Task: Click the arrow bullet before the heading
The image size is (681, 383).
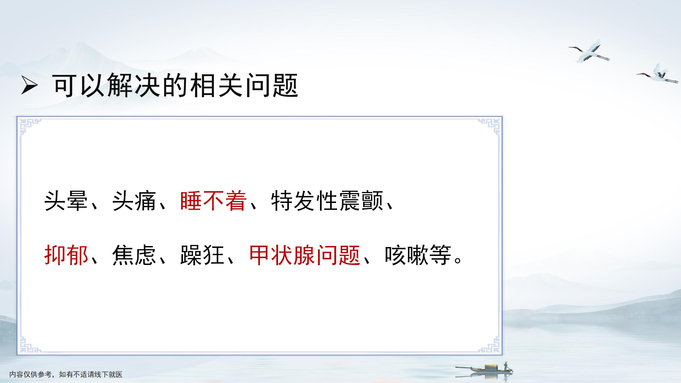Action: (29, 85)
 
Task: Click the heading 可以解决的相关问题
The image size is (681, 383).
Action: (176, 85)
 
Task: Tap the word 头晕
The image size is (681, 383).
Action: (66, 201)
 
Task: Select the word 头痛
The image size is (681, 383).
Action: (134, 201)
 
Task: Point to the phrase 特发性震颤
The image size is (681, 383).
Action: (327, 201)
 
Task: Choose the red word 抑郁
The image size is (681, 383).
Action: (66, 255)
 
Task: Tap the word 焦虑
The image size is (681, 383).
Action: (134, 255)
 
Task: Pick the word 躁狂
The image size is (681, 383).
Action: (202, 255)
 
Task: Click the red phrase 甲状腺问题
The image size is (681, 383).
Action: (305, 255)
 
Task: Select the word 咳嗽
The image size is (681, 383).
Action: (407, 255)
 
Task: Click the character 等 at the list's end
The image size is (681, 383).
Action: (440, 255)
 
